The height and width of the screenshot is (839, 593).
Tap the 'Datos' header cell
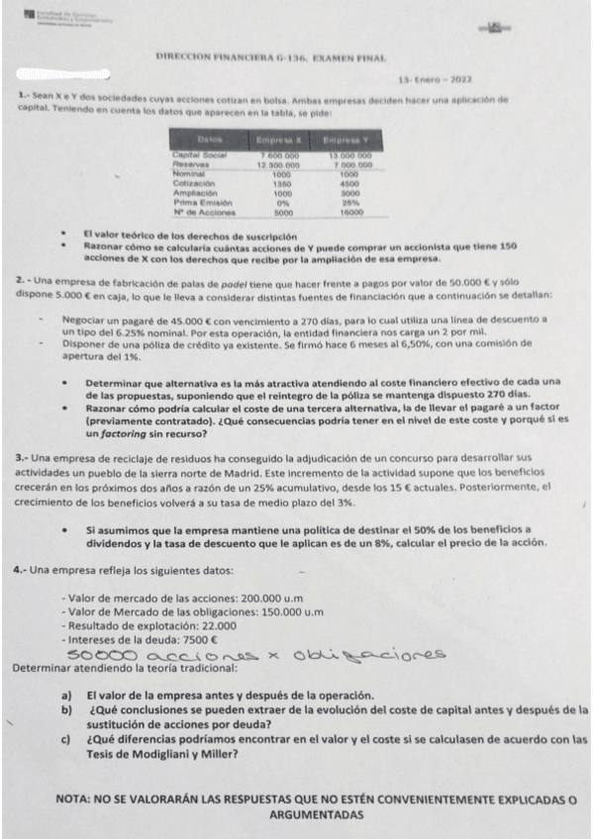click(x=199, y=142)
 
